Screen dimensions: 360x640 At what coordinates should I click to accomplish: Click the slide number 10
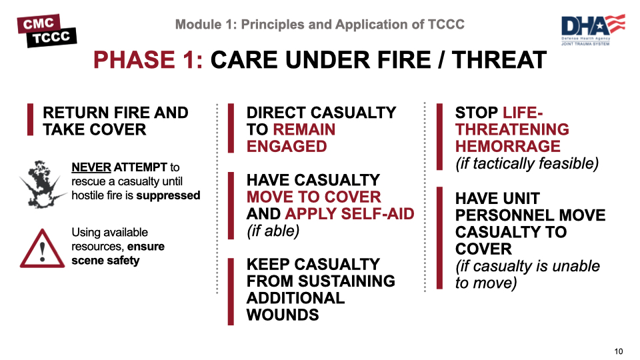click(618, 351)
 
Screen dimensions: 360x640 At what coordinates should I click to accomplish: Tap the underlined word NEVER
click(91, 167)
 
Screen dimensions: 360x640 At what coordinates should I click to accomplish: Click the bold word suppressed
click(168, 195)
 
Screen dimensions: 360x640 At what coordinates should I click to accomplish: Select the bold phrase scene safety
click(105, 261)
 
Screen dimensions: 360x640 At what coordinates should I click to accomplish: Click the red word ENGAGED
click(287, 147)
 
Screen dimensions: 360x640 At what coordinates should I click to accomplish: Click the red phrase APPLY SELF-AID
click(349, 214)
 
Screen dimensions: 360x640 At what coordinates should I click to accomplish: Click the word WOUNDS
click(283, 315)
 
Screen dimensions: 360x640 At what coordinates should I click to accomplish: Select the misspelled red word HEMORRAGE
click(507, 146)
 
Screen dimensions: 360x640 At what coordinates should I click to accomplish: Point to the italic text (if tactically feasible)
click(527, 163)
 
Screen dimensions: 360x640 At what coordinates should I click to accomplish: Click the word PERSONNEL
click(530, 215)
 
